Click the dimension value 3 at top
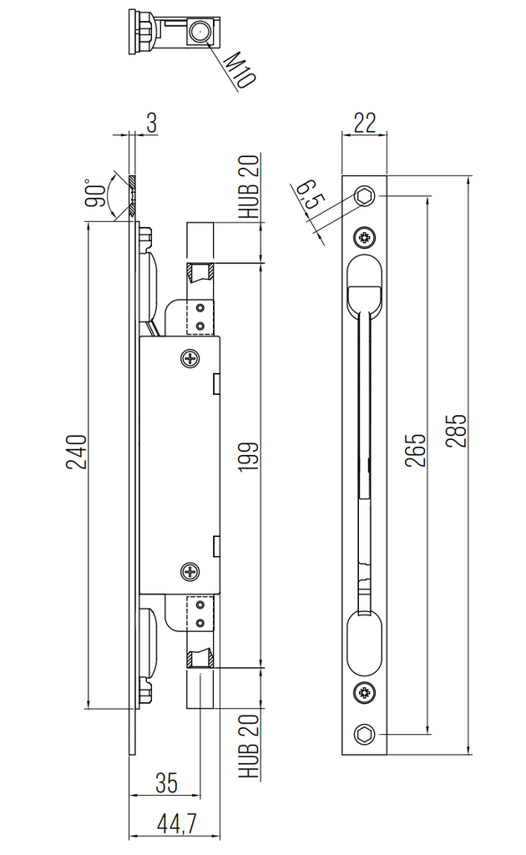point(151,122)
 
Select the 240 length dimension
point(76,453)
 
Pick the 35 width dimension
point(166,782)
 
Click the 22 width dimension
point(364,122)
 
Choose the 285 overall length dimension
point(456,431)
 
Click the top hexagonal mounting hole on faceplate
point(365,195)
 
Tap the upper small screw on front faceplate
point(365,237)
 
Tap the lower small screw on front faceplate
point(365,691)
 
